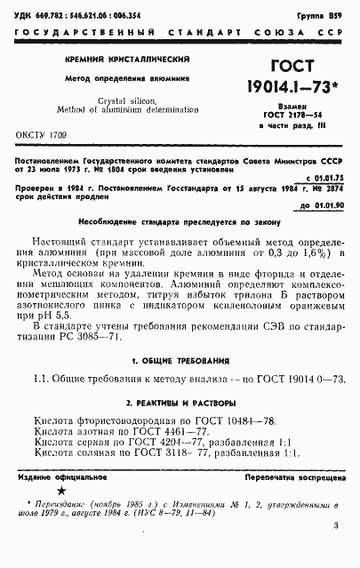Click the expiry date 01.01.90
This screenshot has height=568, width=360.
tap(323, 206)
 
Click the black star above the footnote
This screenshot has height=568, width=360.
tap(60, 491)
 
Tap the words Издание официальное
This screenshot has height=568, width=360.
tap(67, 478)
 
